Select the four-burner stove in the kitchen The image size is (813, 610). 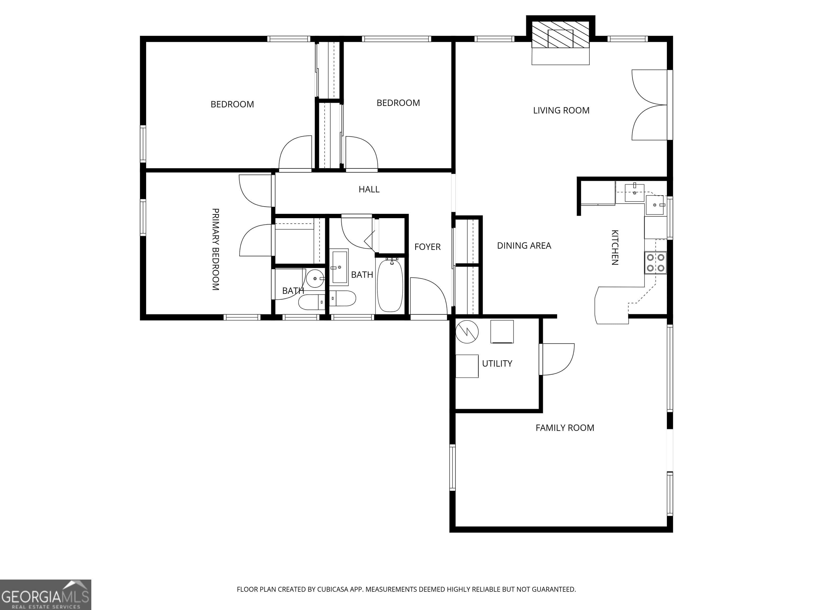coord(655,263)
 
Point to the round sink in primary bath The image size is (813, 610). coord(315,278)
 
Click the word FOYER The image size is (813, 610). coord(427,247)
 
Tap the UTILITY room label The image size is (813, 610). coord(497,363)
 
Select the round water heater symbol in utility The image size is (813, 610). coord(467,332)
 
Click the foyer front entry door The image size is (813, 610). coord(428,296)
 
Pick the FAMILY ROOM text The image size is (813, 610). coord(564,428)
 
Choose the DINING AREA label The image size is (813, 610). coord(524,246)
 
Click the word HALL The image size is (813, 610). coord(369,189)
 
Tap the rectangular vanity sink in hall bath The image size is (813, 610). coord(339,267)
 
